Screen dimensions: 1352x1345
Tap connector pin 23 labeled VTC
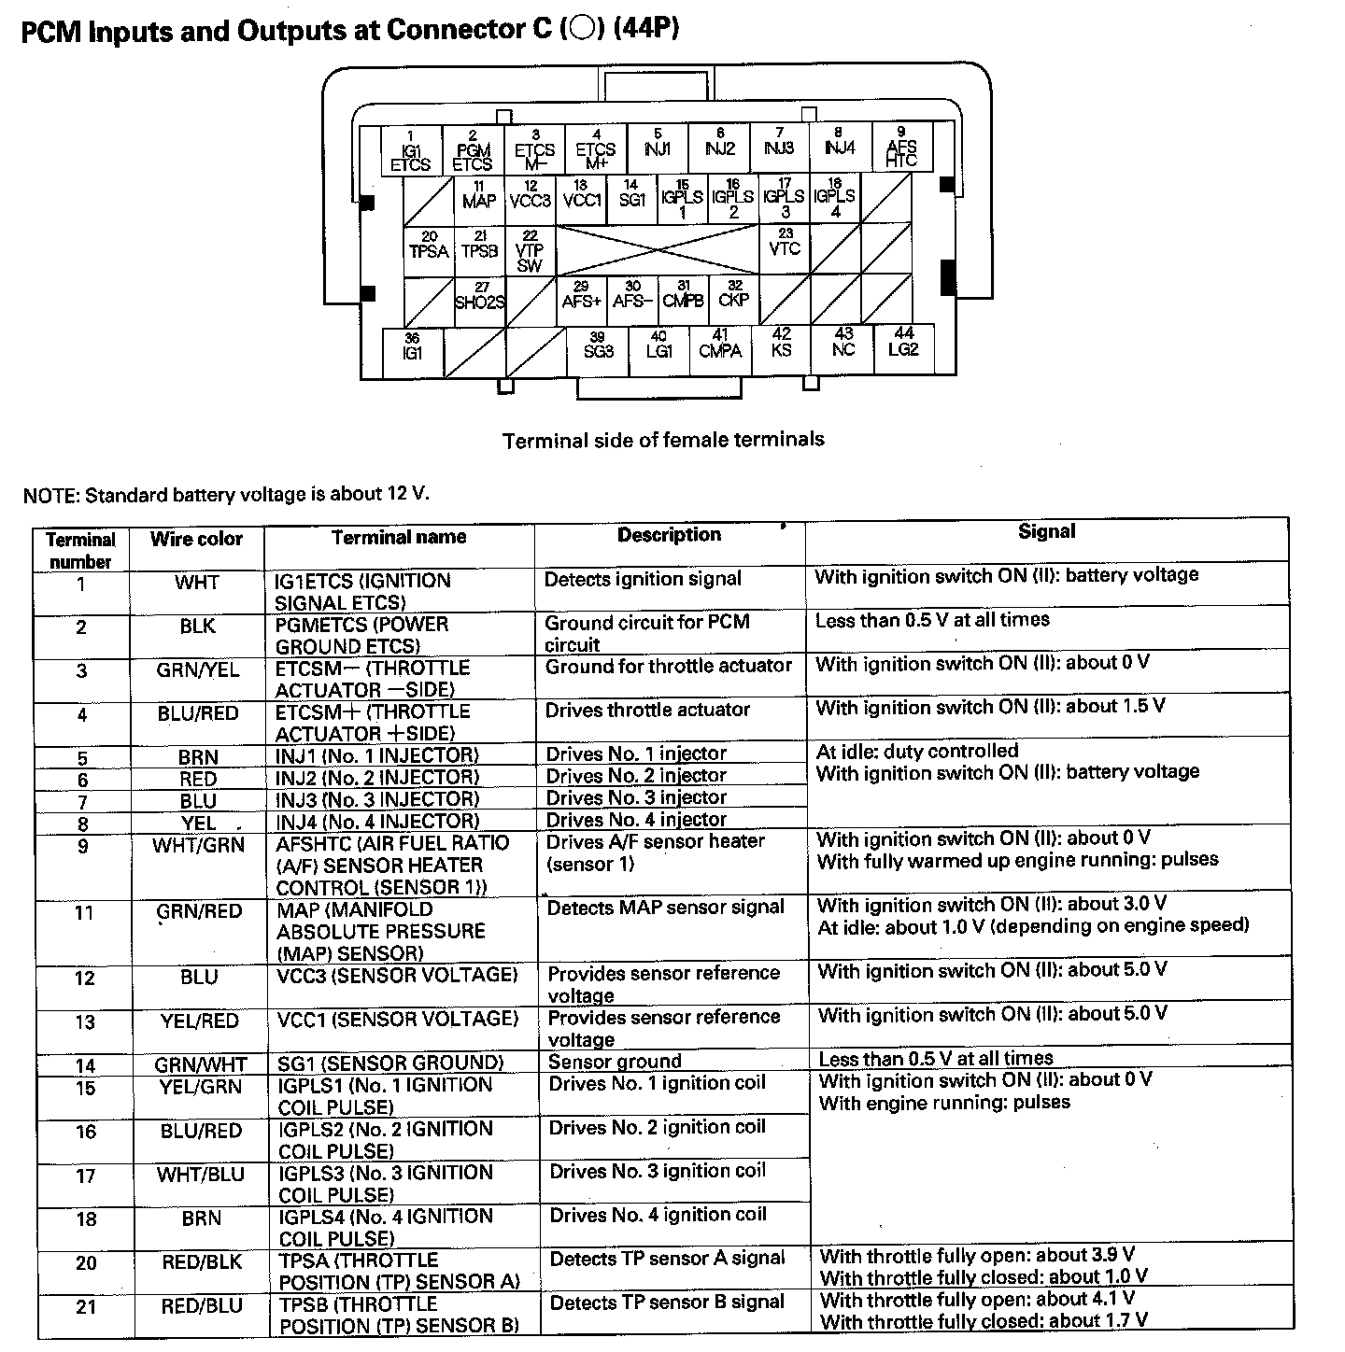pyautogui.click(x=785, y=247)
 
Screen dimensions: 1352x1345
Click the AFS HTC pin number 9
pyautogui.click(x=901, y=149)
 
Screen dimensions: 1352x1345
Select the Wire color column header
pyautogui.click(x=196, y=540)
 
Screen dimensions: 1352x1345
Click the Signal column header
pyautogui.click(x=1046, y=531)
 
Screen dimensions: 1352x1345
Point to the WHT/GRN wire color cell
pyautogui.click(x=198, y=845)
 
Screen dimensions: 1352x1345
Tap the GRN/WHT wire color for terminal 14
pyautogui.click(x=201, y=1064)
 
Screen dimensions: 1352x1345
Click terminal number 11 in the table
pyautogui.click(x=84, y=912)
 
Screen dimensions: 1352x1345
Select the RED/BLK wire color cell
pyautogui.click(x=201, y=1262)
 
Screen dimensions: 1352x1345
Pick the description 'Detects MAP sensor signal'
pyautogui.click(x=665, y=907)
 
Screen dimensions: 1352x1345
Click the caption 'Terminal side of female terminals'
pyautogui.click(x=663, y=439)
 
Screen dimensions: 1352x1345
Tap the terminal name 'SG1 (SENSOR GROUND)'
pyautogui.click(x=390, y=1063)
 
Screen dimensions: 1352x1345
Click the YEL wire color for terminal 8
pyautogui.click(x=199, y=823)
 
